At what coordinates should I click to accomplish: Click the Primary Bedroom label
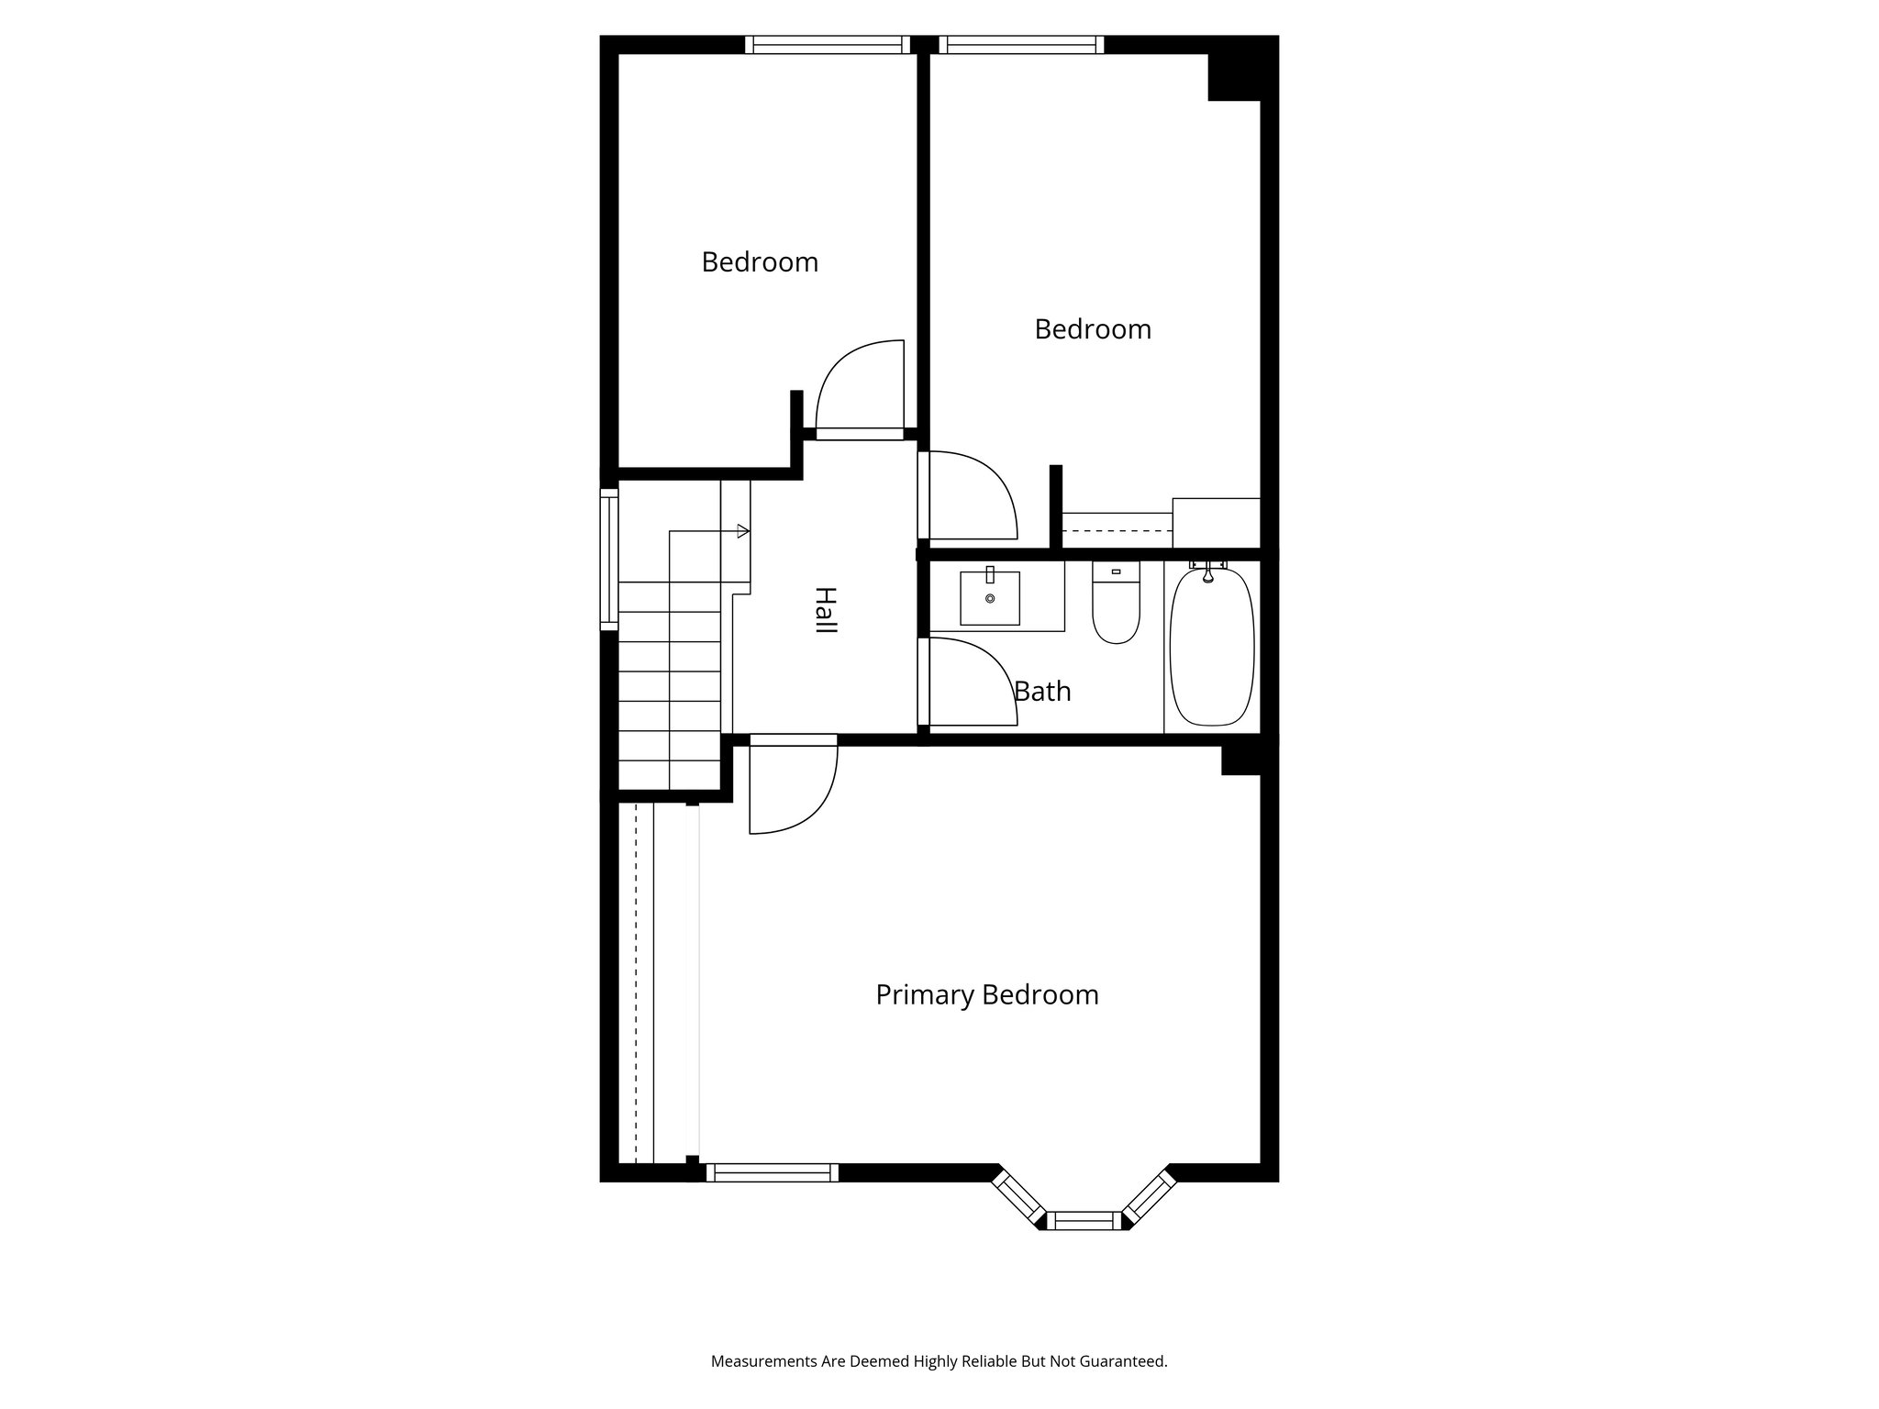[986, 994]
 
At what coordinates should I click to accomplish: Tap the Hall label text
[826, 611]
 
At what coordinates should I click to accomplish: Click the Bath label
[1042, 691]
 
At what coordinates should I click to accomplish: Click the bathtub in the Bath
[1211, 647]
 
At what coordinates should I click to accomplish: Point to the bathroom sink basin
[990, 598]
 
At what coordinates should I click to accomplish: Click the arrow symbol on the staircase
[742, 531]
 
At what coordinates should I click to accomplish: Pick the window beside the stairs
[609, 559]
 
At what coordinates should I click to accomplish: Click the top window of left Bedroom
[827, 45]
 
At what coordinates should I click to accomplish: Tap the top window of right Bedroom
[1020, 45]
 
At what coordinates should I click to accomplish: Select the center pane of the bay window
[1084, 1220]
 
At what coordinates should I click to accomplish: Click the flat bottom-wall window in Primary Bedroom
[772, 1171]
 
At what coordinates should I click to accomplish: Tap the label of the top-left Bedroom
[760, 262]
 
